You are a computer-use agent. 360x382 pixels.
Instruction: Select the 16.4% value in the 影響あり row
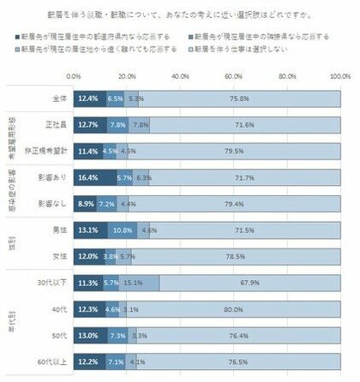tap(87, 177)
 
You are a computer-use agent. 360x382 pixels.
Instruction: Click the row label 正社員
tap(58, 125)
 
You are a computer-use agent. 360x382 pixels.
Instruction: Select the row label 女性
tap(61, 256)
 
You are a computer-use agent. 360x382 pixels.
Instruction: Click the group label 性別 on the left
tap(13, 243)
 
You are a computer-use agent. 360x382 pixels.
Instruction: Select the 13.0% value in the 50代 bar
tap(87, 335)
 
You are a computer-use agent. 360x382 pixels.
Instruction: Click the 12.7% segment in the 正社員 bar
tap(87, 125)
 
